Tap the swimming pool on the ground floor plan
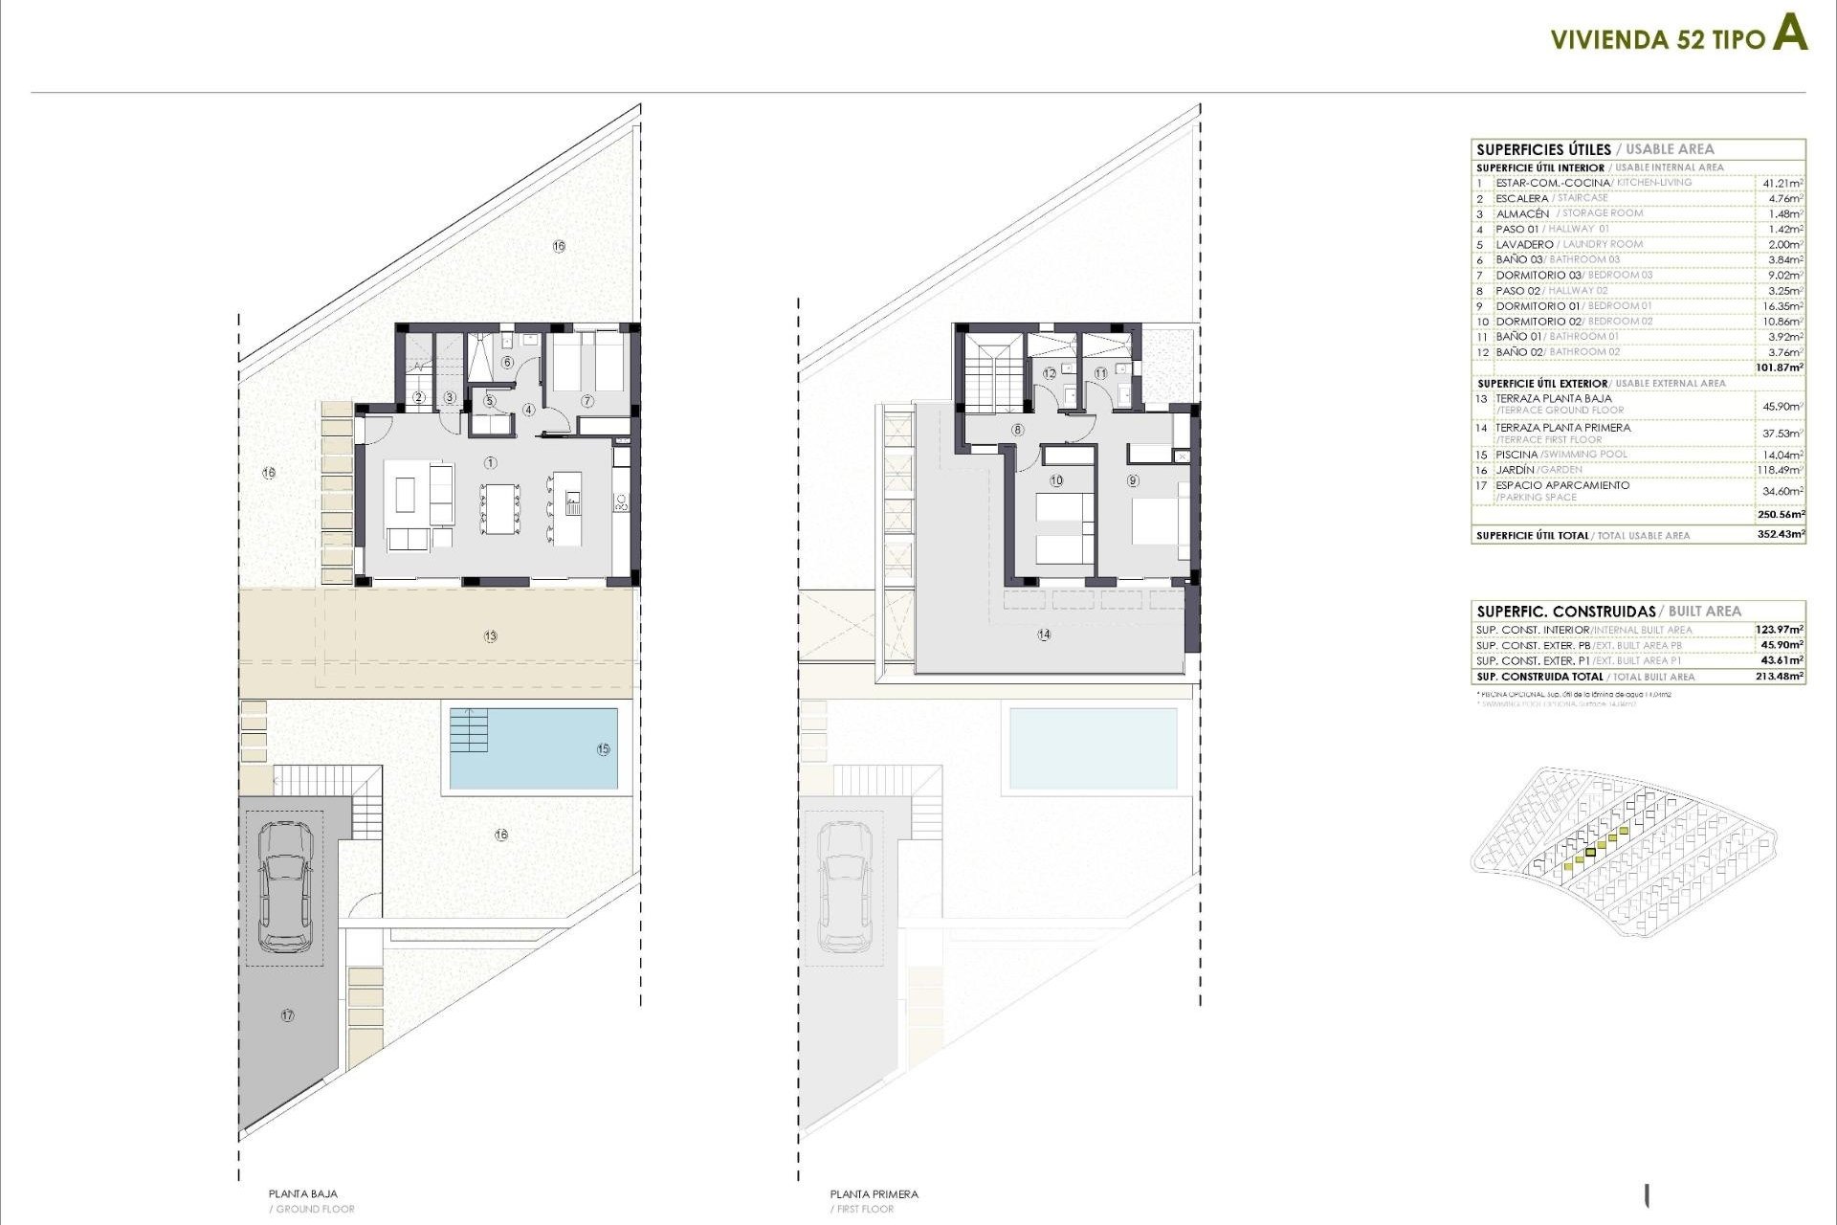[x=532, y=748]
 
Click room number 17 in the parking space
[x=288, y=1015]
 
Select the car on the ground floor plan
[x=285, y=887]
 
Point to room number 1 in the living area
[x=491, y=463]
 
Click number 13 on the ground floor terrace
[x=491, y=636]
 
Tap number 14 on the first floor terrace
[x=1044, y=635]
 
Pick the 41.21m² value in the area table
[x=1782, y=183]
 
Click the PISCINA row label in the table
[x=1516, y=455]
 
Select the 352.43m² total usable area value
[x=1781, y=535]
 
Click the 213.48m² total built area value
[x=1781, y=677]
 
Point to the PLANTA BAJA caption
[x=303, y=1193]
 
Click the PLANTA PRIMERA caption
[x=874, y=1193]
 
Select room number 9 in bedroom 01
[x=1134, y=480]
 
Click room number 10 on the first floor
[x=1056, y=480]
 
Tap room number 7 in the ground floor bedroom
[x=587, y=401]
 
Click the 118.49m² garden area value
[x=1782, y=470]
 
